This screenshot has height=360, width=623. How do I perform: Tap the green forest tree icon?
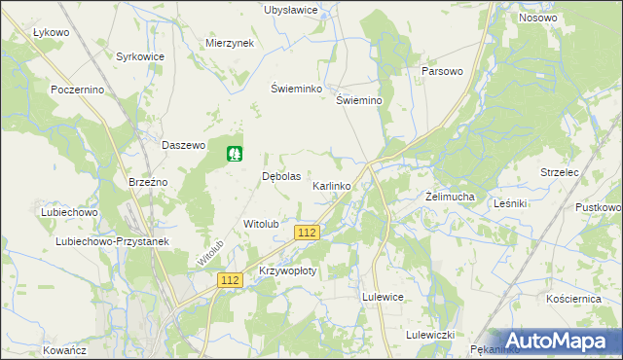235,154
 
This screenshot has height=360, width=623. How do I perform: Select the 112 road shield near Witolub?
308,233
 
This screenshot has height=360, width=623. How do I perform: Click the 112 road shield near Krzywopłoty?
230,280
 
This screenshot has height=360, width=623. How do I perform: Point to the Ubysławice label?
291,10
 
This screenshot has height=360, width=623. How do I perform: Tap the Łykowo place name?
51,32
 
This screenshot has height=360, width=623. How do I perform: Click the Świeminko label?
296,88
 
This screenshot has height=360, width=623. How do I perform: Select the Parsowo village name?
442,72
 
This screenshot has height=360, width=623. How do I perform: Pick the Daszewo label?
184,145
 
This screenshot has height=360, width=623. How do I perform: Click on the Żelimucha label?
451,197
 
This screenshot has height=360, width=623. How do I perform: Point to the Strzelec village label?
561,172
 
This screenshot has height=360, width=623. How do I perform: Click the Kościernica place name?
573,299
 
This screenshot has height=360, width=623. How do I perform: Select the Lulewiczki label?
431,335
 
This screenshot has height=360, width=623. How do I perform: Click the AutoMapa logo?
555,341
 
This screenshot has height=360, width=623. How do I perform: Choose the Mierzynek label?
230,44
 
